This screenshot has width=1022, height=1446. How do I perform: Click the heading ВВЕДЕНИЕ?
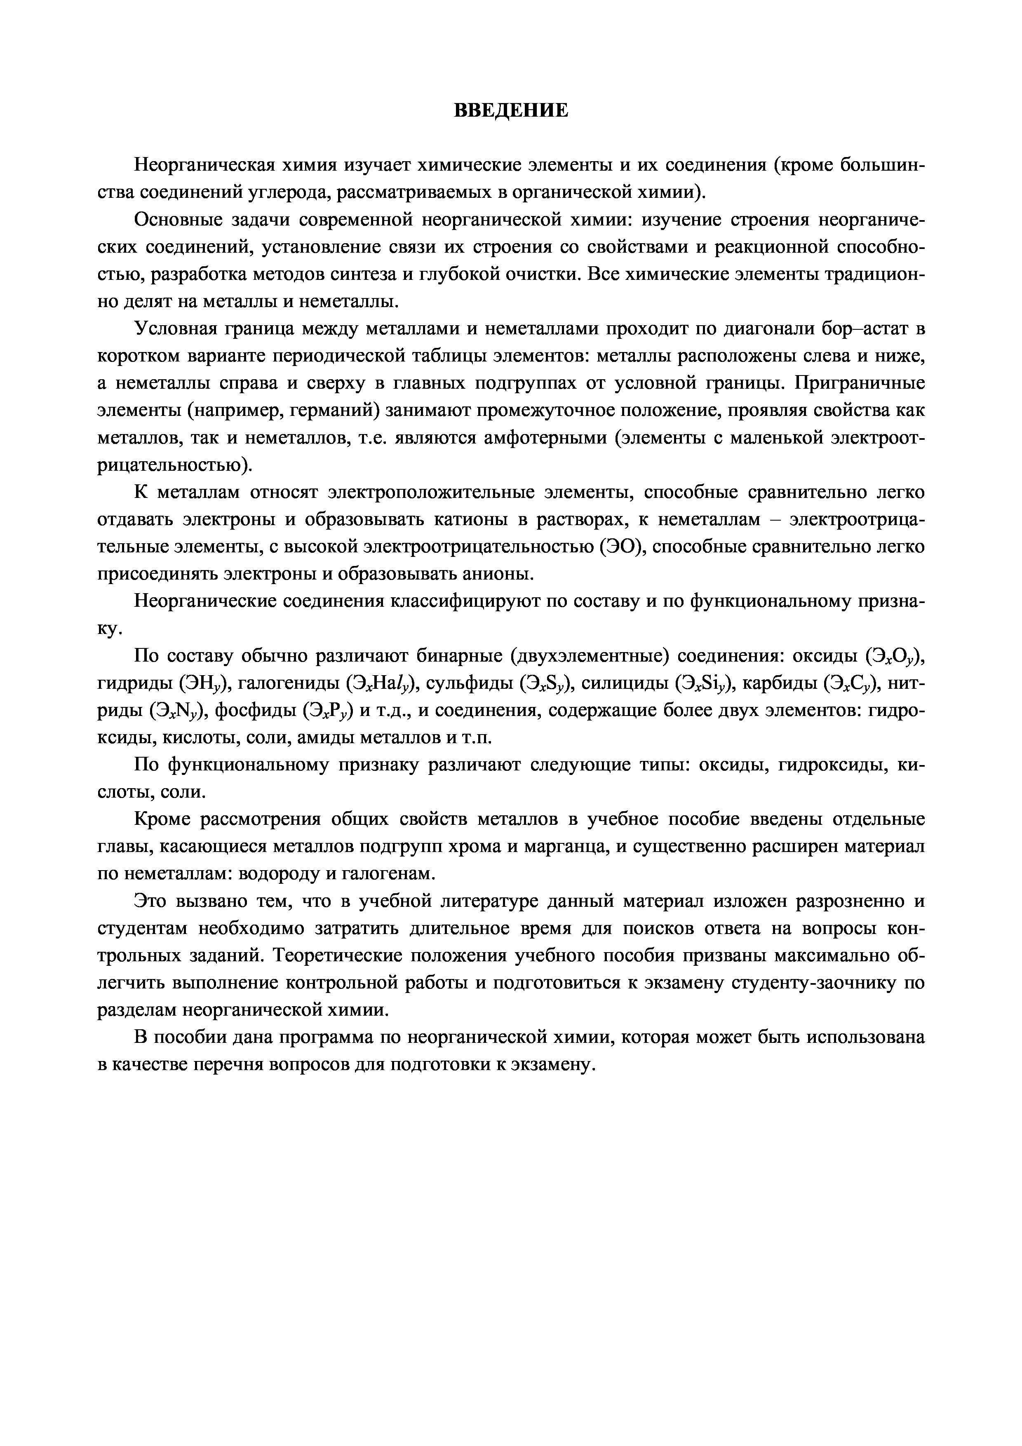point(511,111)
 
